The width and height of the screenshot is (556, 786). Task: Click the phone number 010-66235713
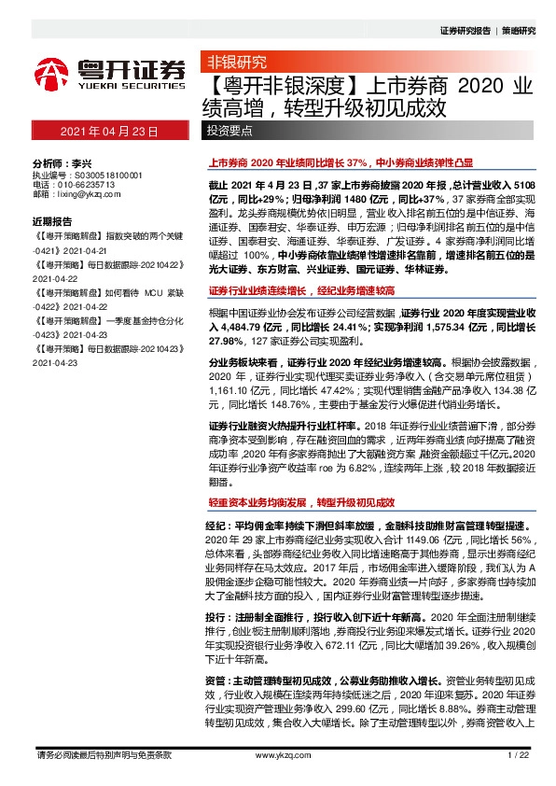point(85,185)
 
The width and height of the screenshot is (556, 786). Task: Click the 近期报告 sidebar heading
point(52,221)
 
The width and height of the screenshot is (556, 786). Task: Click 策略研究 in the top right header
point(520,31)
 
